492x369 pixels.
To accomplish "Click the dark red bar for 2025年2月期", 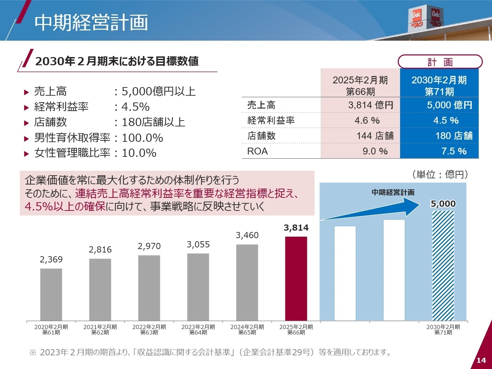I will pos(296,278).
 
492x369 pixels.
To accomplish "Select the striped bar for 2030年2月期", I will pos(443,265).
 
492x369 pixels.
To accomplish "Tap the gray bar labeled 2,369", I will pos(51,294).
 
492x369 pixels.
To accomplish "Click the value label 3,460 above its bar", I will pos(247,235).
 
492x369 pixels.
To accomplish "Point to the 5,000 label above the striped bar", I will pos(443,204).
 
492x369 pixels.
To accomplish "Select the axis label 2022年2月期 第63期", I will pos(149,330).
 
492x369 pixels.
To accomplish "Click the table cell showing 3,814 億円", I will pos(371,105).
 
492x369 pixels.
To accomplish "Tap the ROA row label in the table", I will pos(258,151).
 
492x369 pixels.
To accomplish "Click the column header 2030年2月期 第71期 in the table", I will pos(439,86).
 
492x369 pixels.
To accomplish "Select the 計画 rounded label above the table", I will pos(440,62).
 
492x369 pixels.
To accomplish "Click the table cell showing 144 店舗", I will pos(375,136).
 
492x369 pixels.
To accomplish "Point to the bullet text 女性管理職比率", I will pos(72,153).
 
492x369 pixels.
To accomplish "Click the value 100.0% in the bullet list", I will pos(142,138).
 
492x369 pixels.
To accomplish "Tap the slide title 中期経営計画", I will pos(91,23).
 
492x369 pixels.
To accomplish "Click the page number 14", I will pos(481,360).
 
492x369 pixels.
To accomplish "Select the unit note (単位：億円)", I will pos(440,175).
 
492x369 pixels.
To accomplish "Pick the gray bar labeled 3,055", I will pos(198,287).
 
